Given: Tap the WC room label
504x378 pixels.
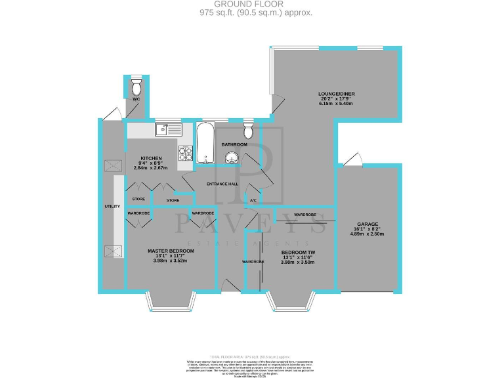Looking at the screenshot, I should [136, 99].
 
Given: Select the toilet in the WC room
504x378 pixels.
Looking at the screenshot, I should [136, 86].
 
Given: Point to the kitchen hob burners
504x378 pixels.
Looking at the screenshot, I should [185, 153].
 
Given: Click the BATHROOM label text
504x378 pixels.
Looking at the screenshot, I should [234, 144].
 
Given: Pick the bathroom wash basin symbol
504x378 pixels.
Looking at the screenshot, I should [231, 156].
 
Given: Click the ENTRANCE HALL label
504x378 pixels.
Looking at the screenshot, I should [222, 184].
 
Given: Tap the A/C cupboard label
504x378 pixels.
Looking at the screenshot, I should [253, 199].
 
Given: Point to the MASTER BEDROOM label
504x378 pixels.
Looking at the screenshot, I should [171, 251].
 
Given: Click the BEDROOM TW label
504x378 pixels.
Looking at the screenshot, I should [298, 252].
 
